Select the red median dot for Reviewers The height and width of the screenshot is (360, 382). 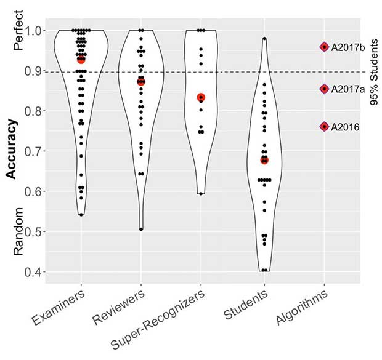[x=141, y=81]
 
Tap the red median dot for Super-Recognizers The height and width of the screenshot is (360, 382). [x=201, y=97]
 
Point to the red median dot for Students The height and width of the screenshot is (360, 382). [x=264, y=160]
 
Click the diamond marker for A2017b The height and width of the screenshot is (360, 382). [x=324, y=47]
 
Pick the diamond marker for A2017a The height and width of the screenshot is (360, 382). [x=324, y=89]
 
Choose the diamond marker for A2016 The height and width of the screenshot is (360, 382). [x=324, y=127]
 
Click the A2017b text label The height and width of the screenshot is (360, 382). [x=347, y=47]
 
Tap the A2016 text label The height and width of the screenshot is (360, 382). [x=344, y=127]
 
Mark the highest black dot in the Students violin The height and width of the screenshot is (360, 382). [x=264, y=39]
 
